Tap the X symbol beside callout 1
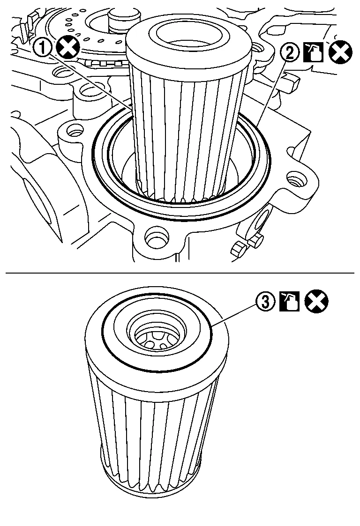[x=67, y=49]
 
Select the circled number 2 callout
[x=290, y=52]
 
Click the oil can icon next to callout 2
[x=312, y=52]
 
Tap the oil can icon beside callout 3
[x=289, y=302]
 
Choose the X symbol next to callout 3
[x=316, y=302]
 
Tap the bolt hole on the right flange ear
[x=295, y=178]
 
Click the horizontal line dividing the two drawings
[x=180, y=273]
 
